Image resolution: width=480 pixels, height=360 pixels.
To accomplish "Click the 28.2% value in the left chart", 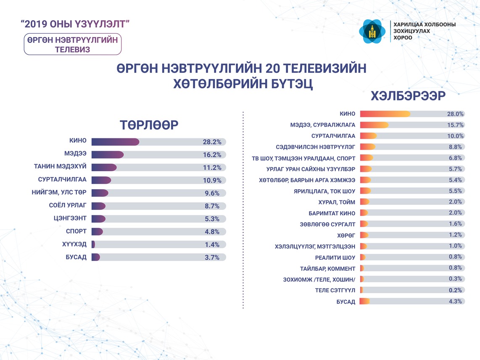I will [x=211, y=142].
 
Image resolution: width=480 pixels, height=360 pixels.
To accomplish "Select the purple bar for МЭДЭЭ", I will [x=107, y=155].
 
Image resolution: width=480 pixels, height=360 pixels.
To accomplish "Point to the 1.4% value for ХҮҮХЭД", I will [x=212, y=245].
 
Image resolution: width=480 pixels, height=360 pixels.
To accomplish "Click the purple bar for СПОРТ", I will [x=97, y=232].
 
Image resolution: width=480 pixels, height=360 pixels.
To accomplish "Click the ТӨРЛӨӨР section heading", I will [x=149, y=125].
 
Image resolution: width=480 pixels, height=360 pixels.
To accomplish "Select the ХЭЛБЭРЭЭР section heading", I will [x=407, y=96].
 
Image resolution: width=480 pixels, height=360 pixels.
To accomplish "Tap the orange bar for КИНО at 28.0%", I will [x=385, y=114].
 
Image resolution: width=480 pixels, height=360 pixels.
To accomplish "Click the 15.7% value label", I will [x=455, y=125].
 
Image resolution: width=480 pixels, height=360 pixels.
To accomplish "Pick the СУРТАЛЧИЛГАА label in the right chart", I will [x=333, y=136].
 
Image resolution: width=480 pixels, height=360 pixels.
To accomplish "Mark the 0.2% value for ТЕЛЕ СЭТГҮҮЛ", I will [x=455, y=290].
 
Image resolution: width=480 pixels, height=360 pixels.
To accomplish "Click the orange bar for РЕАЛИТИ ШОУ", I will [x=363, y=257].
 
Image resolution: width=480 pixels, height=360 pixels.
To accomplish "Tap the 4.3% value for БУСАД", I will [x=455, y=301].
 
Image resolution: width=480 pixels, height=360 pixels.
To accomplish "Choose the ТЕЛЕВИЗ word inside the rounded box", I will [x=72, y=49].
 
